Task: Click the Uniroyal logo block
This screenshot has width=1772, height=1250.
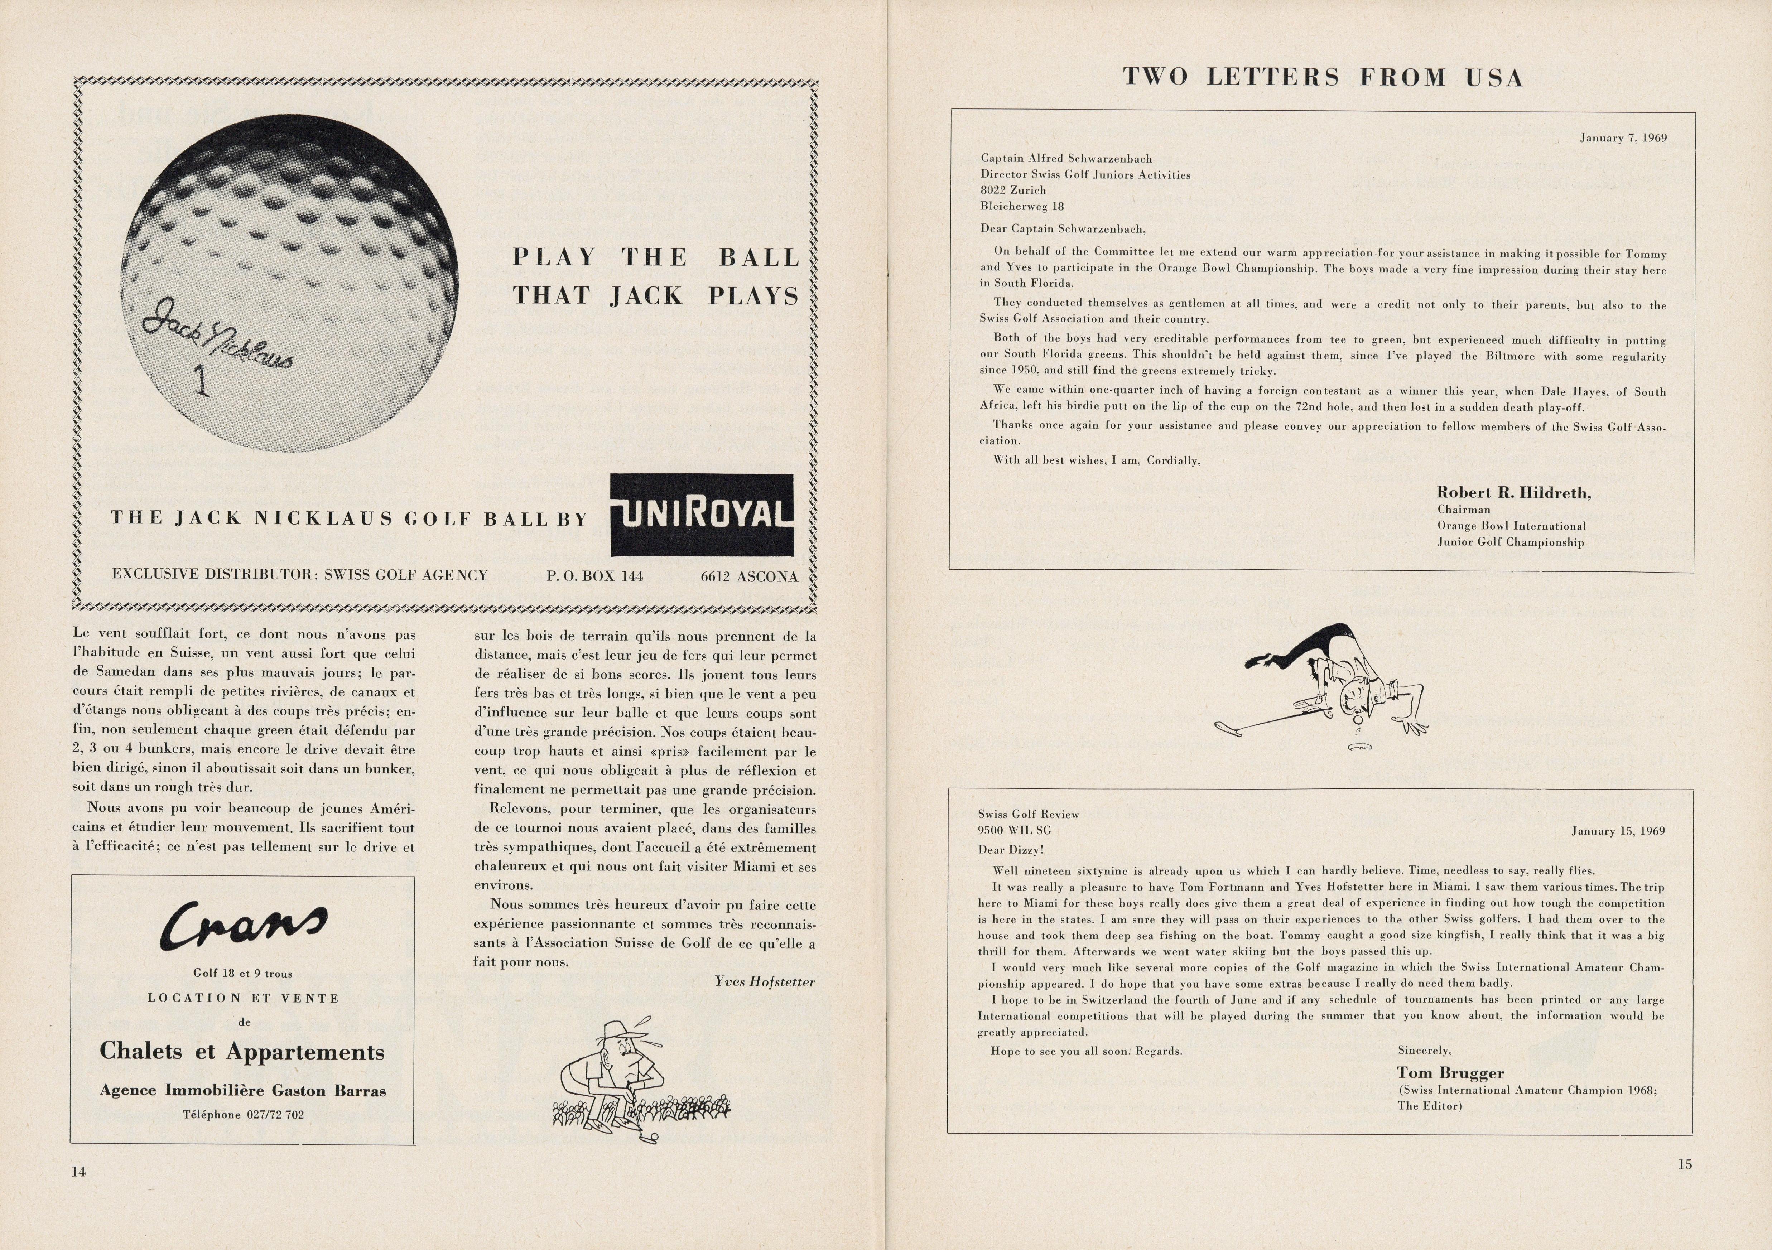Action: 702,515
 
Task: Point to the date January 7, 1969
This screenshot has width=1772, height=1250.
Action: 1622,138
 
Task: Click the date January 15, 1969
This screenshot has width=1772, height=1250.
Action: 1618,831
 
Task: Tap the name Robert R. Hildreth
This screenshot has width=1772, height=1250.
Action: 1513,492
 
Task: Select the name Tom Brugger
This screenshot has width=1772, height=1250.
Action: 1450,1072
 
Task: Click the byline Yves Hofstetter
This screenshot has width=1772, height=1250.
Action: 764,981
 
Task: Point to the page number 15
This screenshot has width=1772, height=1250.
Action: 1685,1164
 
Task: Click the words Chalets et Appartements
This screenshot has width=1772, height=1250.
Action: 242,1052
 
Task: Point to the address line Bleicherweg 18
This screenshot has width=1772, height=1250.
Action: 1022,206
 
